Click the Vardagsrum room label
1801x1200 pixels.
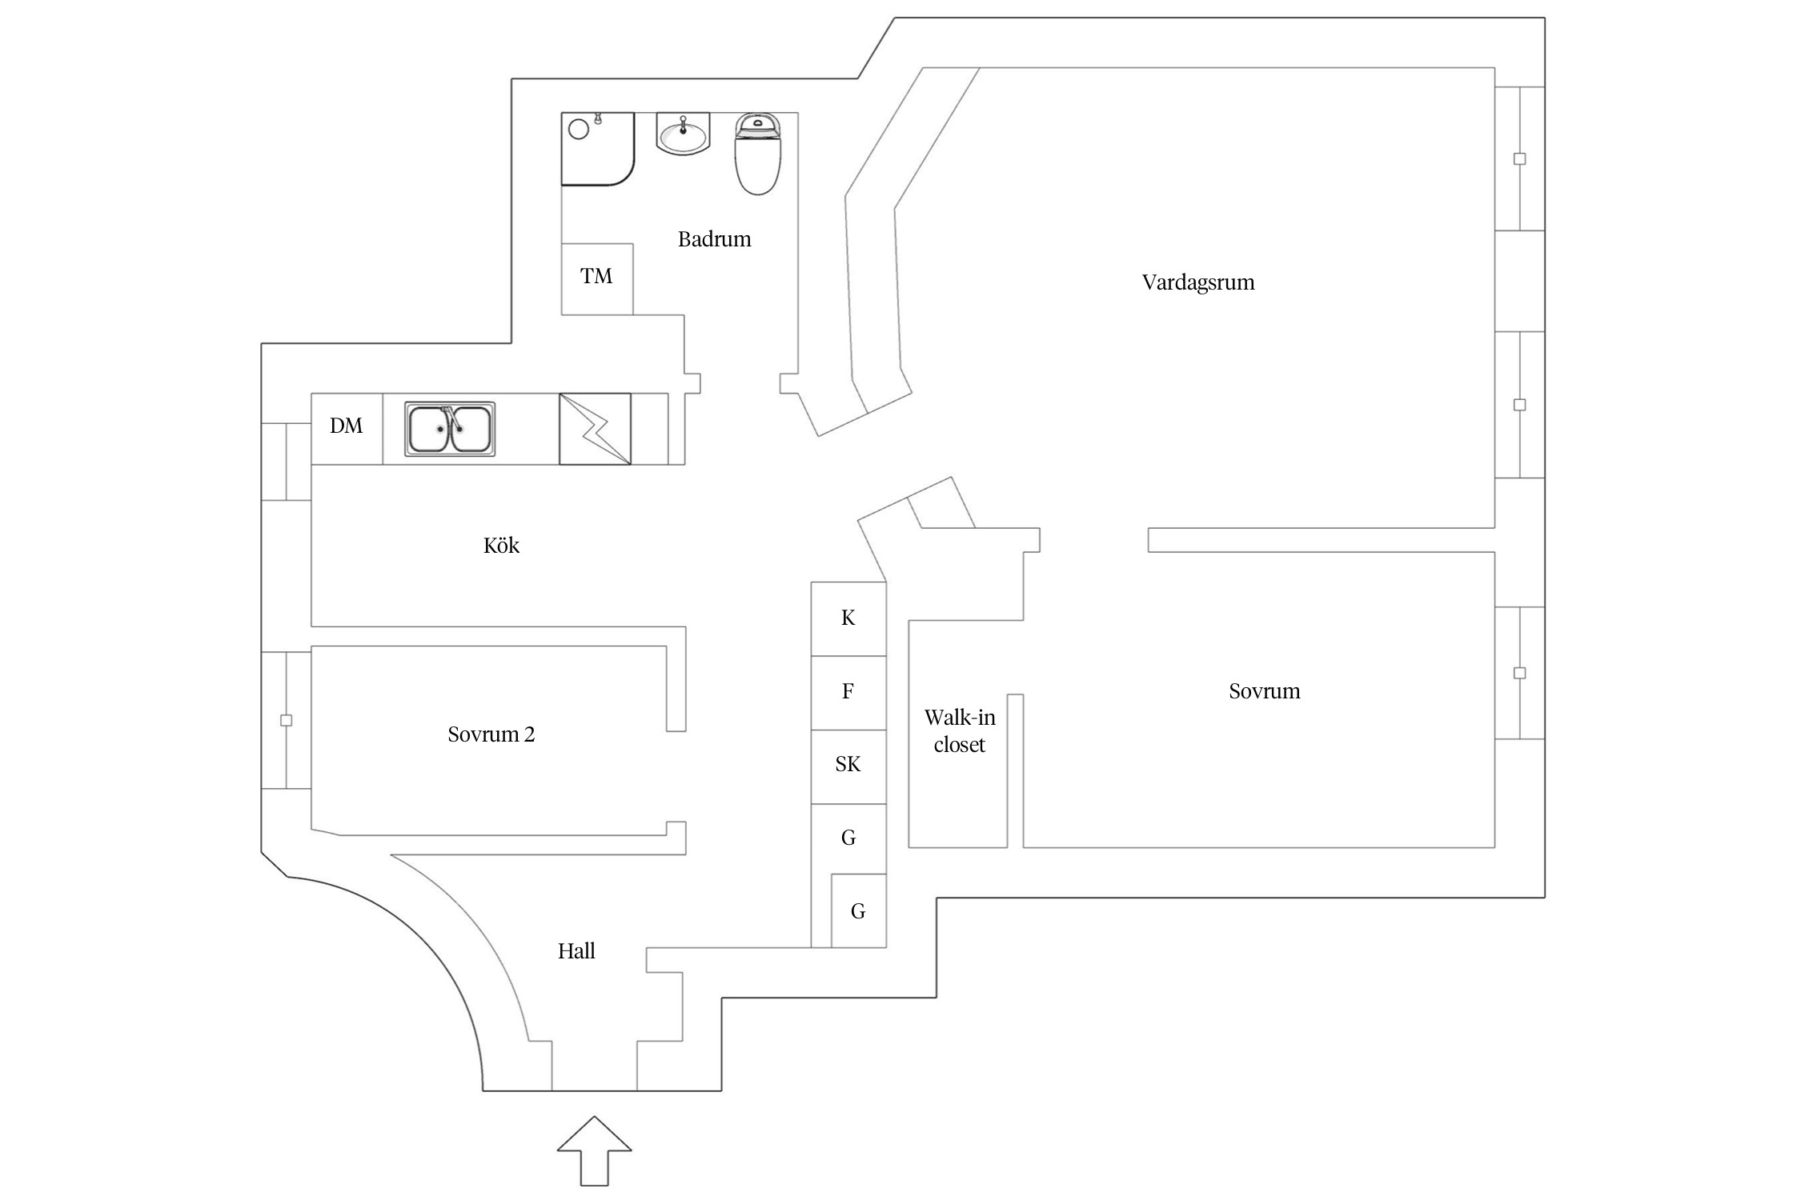click(1197, 282)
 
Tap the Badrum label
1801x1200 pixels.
click(714, 239)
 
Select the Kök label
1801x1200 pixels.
click(501, 546)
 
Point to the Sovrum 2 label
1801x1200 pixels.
click(491, 734)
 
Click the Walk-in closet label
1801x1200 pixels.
click(959, 731)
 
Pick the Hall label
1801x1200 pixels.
click(576, 951)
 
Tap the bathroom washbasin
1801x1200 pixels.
click(683, 134)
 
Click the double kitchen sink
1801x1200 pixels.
click(449, 429)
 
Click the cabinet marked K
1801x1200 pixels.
click(848, 618)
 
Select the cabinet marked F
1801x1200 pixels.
click(848, 692)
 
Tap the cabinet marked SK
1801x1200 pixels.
click(848, 766)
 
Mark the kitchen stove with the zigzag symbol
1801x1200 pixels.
click(595, 429)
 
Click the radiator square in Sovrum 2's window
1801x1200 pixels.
click(286, 721)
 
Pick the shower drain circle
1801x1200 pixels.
click(578, 129)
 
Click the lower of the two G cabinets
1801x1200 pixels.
click(858, 911)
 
